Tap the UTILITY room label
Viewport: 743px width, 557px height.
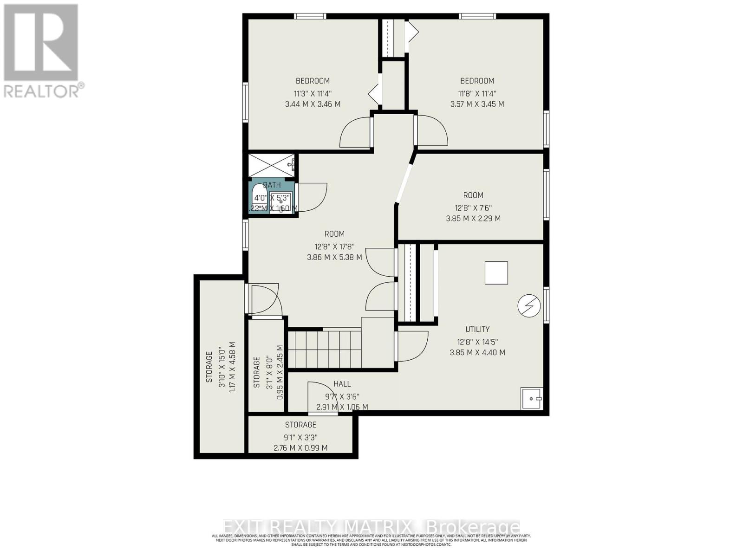pos(477,329)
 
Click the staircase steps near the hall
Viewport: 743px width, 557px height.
pos(324,348)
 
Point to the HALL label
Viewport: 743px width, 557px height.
pos(342,384)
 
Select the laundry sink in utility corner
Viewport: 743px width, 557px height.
pos(532,398)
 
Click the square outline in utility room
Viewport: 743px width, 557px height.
pos(496,273)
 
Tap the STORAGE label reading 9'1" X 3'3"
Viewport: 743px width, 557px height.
pos(300,437)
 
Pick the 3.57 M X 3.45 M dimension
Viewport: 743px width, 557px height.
pos(477,104)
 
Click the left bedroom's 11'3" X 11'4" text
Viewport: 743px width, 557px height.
pos(313,93)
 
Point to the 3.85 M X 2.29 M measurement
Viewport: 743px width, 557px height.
pos(473,218)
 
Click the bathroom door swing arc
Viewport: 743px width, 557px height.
pos(312,197)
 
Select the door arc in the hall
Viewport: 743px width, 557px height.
pos(318,397)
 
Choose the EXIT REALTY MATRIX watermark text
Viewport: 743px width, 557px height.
pos(371,527)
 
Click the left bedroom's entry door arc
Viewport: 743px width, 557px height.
pos(356,133)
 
